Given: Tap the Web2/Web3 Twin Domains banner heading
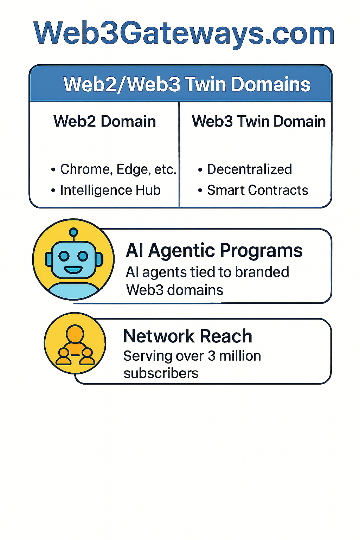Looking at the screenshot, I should pyautogui.click(x=187, y=84).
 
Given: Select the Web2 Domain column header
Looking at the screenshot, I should pyautogui.click(x=104, y=122).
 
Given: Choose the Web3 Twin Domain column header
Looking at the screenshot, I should pyautogui.click(x=258, y=122).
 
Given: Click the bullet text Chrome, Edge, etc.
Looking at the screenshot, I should pyautogui.click(x=118, y=169).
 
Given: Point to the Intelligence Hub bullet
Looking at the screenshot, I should pyautogui.click(x=110, y=190).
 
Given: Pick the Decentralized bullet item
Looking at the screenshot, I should pyautogui.click(x=249, y=169).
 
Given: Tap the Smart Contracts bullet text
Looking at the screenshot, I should pyautogui.click(x=257, y=190).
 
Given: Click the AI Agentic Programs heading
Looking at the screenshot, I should pyautogui.click(x=214, y=251).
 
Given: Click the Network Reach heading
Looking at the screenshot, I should pyautogui.click(x=188, y=336).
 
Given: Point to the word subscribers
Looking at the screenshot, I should pyautogui.click(x=161, y=373).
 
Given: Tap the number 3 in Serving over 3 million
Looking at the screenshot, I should pyautogui.click(x=211, y=356).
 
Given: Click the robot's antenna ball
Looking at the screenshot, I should pyautogui.click(x=73, y=232).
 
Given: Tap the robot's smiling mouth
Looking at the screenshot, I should pyautogui.click(x=73, y=270).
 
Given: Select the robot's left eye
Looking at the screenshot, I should pyautogui.click(x=64, y=256).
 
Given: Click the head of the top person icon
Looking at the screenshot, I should pyautogui.click(x=75, y=333).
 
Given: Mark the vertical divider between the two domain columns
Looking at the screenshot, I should pyautogui.click(x=179, y=155).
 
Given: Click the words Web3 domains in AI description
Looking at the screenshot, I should pyautogui.click(x=174, y=290).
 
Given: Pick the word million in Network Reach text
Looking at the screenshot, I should pyautogui.click(x=240, y=356).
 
